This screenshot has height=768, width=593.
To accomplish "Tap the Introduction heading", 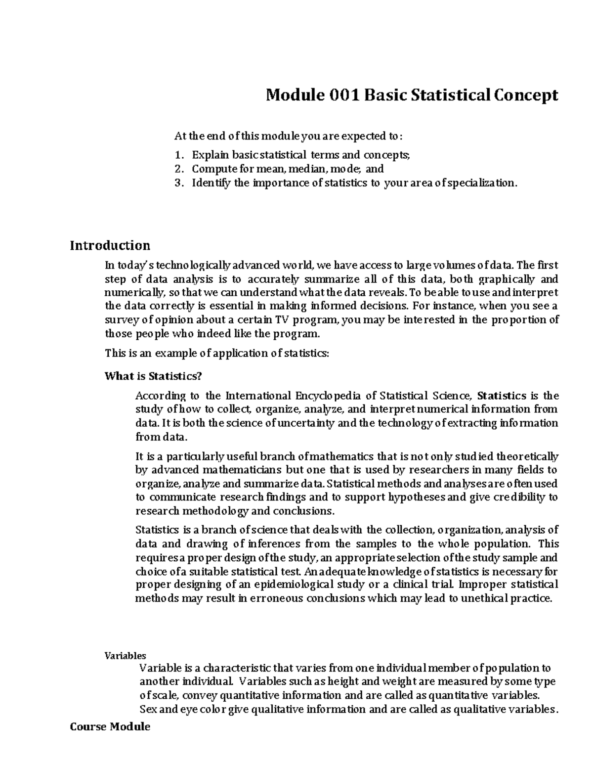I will (110, 245).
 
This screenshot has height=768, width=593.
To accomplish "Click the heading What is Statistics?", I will (154, 376).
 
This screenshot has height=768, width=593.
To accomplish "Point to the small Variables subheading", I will (125, 656).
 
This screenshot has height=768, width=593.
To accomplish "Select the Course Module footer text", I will (110, 727).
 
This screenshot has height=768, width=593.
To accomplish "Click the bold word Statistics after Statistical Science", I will (502, 396).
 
